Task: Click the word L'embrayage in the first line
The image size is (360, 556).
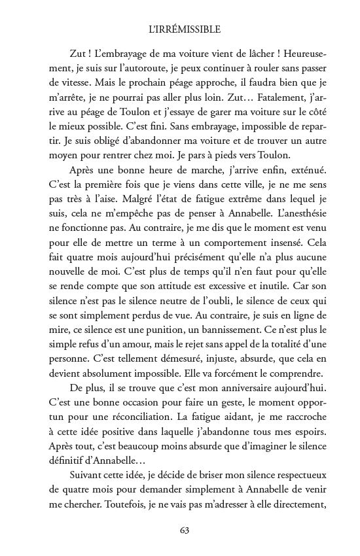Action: pyautogui.click(x=125, y=52)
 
